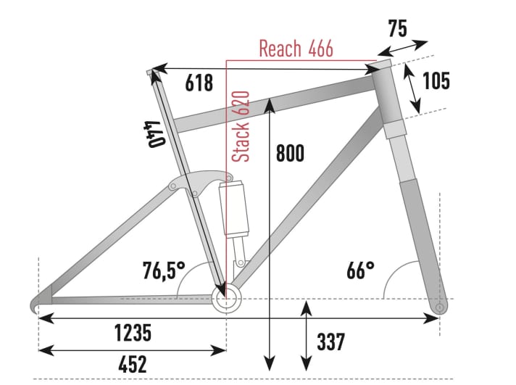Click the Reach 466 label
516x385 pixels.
point(296,49)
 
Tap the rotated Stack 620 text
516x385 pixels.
point(241,126)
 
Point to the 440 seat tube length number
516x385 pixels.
point(152,133)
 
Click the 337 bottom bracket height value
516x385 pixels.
point(330,341)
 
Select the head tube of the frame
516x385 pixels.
point(388,98)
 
